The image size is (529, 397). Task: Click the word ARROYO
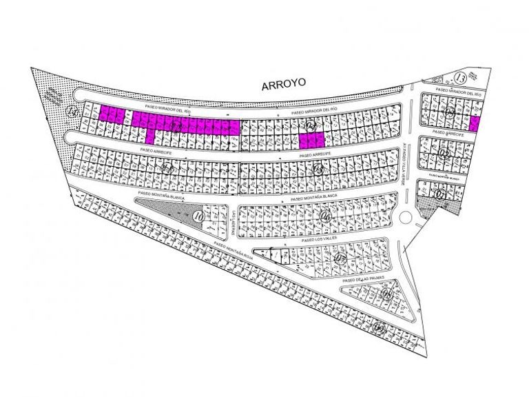point(283,85)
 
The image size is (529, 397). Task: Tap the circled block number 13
point(461,77)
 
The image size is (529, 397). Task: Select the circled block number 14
point(70,111)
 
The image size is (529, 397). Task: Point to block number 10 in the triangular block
point(199,216)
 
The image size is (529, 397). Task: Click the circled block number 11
point(166,167)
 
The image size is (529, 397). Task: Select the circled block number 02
point(444,154)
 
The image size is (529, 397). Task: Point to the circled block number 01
point(442,194)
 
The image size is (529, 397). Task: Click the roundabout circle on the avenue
point(405,219)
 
